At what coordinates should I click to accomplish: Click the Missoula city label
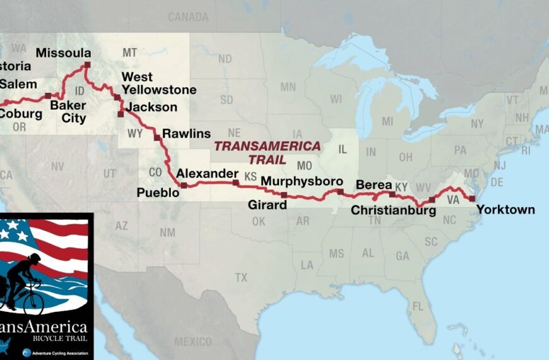[x=63, y=53]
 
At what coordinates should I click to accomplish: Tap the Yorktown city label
[x=505, y=210]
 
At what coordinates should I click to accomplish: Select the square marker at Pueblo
[x=184, y=186]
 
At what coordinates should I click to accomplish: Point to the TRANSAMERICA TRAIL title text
[x=267, y=152]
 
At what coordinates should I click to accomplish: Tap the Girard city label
[x=267, y=205]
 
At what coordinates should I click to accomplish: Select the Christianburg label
[x=393, y=210]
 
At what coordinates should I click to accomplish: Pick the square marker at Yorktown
[x=472, y=198]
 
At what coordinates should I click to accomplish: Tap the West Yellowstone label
[x=158, y=84]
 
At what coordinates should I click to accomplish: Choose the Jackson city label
[x=151, y=107]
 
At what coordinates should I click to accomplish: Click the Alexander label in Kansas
[x=208, y=174]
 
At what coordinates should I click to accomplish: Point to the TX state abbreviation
[x=241, y=277]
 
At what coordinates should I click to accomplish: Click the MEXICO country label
[x=193, y=342]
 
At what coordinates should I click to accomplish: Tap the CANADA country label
[x=188, y=16]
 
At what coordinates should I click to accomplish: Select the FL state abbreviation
[x=418, y=306]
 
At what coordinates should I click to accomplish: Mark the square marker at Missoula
[x=87, y=65]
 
